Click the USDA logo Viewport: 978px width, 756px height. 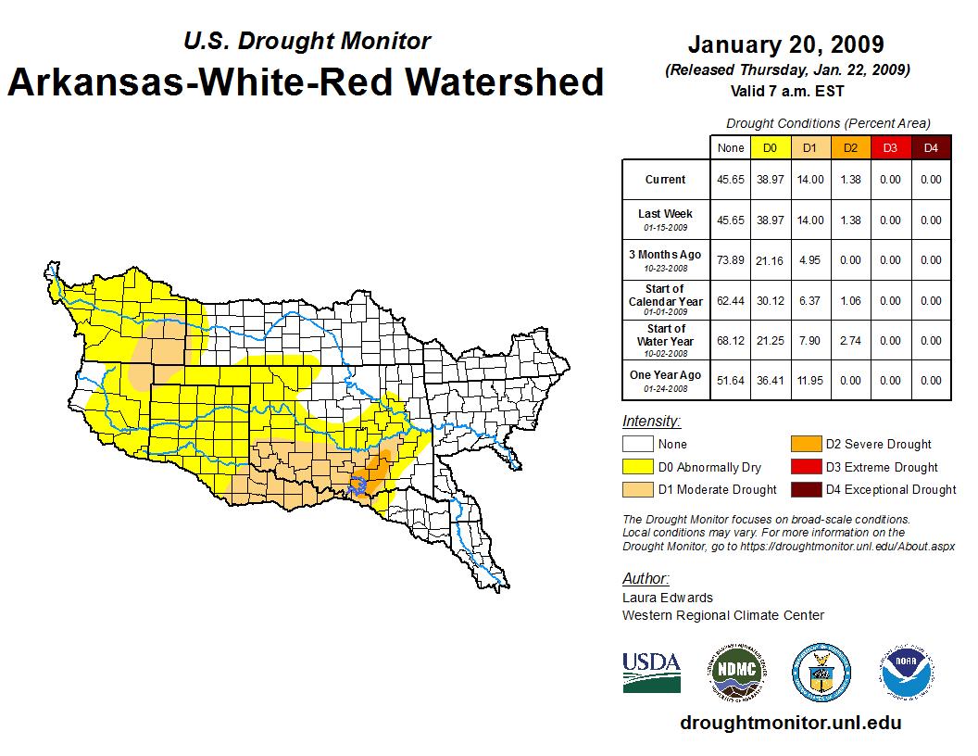(651, 672)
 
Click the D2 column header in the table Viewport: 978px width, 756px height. (849, 148)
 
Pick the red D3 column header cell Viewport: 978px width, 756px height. (890, 148)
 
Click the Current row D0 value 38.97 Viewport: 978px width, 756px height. (771, 180)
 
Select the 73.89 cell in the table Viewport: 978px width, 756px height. (731, 260)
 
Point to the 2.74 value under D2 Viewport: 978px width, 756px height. (849, 341)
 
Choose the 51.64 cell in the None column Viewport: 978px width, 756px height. (731, 381)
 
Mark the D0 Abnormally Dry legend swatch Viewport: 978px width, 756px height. (637, 467)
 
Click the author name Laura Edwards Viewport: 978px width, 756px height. (668, 598)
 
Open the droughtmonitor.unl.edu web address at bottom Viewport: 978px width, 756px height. (791, 723)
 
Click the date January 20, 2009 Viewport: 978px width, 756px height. (785, 44)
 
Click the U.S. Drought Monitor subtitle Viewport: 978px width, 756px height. (307, 42)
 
